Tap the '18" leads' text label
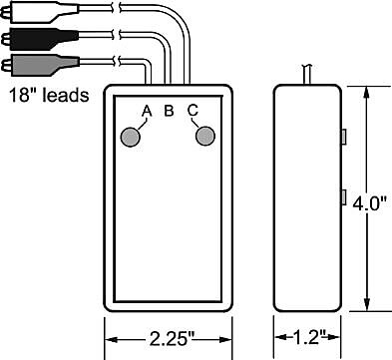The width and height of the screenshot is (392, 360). click(x=49, y=95)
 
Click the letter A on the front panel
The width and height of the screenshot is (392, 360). click(x=147, y=111)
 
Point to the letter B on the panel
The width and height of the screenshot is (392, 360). click(x=169, y=111)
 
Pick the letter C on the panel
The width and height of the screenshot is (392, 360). click(x=193, y=111)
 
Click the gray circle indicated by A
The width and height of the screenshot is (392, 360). click(x=130, y=137)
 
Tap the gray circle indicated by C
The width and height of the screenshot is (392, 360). click(x=205, y=136)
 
